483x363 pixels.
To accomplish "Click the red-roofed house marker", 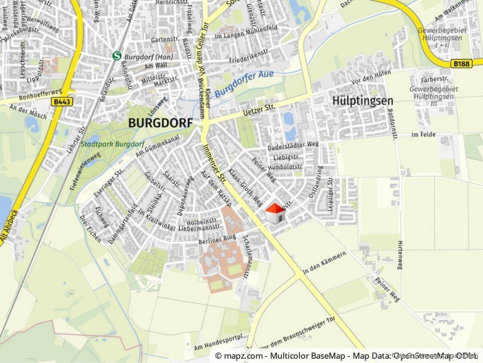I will click(x=275, y=213).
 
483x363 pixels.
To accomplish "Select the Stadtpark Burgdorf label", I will click(x=113, y=143).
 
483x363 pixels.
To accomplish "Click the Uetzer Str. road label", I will click(x=259, y=109).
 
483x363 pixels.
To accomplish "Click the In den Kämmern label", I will click(x=324, y=261).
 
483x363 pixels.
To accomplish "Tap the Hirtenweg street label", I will click(x=400, y=255).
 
